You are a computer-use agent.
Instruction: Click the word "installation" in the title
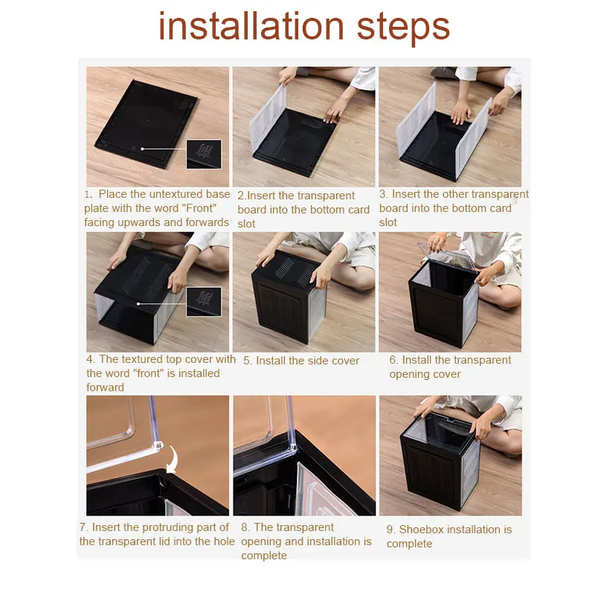pyautogui.click(x=251, y=26)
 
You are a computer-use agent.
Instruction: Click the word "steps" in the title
pyautogui.click(x=403, y=28)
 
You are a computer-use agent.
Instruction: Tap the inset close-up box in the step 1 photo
pyautogui.click(x=204, y=154)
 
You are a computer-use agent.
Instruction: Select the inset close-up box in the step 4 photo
pyautogui.click(x=204, y=302)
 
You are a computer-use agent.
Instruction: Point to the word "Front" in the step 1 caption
pyautogui.click(x=199, y=208)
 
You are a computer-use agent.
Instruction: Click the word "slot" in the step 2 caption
pyautogui.click(x=246, y=224)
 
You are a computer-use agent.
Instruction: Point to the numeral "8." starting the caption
pyautogui.click(x=245, y=527)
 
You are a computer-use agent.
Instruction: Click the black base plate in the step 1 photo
pyautogui.click(x=146, y=123)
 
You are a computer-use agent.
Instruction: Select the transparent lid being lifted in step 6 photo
pyautogui.click(x=448, y=254)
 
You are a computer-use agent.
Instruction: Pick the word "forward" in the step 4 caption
pyautogui.click(x=105, y=387)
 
